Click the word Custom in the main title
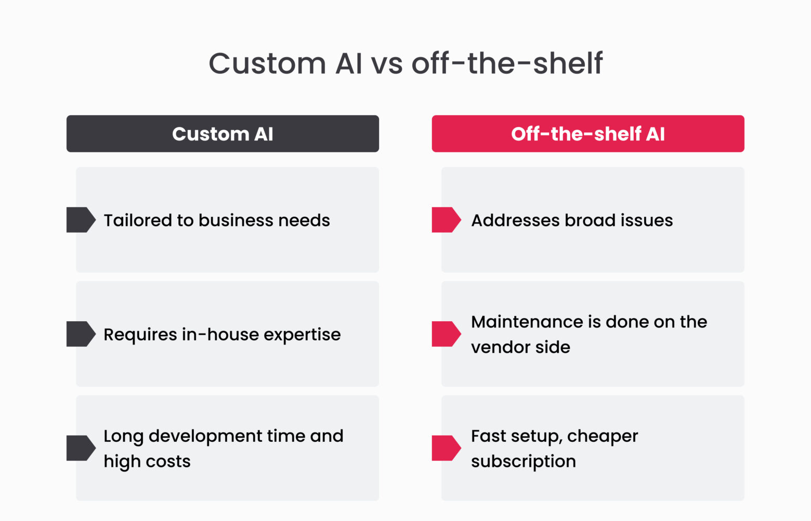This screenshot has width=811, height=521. [267, 63]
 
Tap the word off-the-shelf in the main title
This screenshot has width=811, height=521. [507, 63]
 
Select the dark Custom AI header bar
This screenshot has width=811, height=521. [223, 134]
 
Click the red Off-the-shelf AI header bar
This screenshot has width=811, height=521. [588, 134]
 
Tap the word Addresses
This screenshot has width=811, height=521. [515, 220]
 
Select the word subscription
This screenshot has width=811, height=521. [523, 462]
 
